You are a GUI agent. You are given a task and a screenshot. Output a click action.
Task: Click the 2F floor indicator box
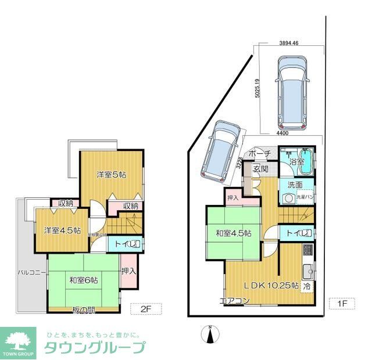point(145,308)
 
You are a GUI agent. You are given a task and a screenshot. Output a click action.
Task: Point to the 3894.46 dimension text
point(288,44)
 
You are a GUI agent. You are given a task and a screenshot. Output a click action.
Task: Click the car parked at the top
point(292,93)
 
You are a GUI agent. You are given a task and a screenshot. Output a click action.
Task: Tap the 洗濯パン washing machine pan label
point(306,197)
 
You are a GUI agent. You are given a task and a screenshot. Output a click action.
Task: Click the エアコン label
point(234,301)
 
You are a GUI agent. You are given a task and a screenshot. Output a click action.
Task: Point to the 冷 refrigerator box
point(305,287)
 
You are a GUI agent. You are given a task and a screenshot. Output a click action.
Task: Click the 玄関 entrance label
point(260,169)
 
